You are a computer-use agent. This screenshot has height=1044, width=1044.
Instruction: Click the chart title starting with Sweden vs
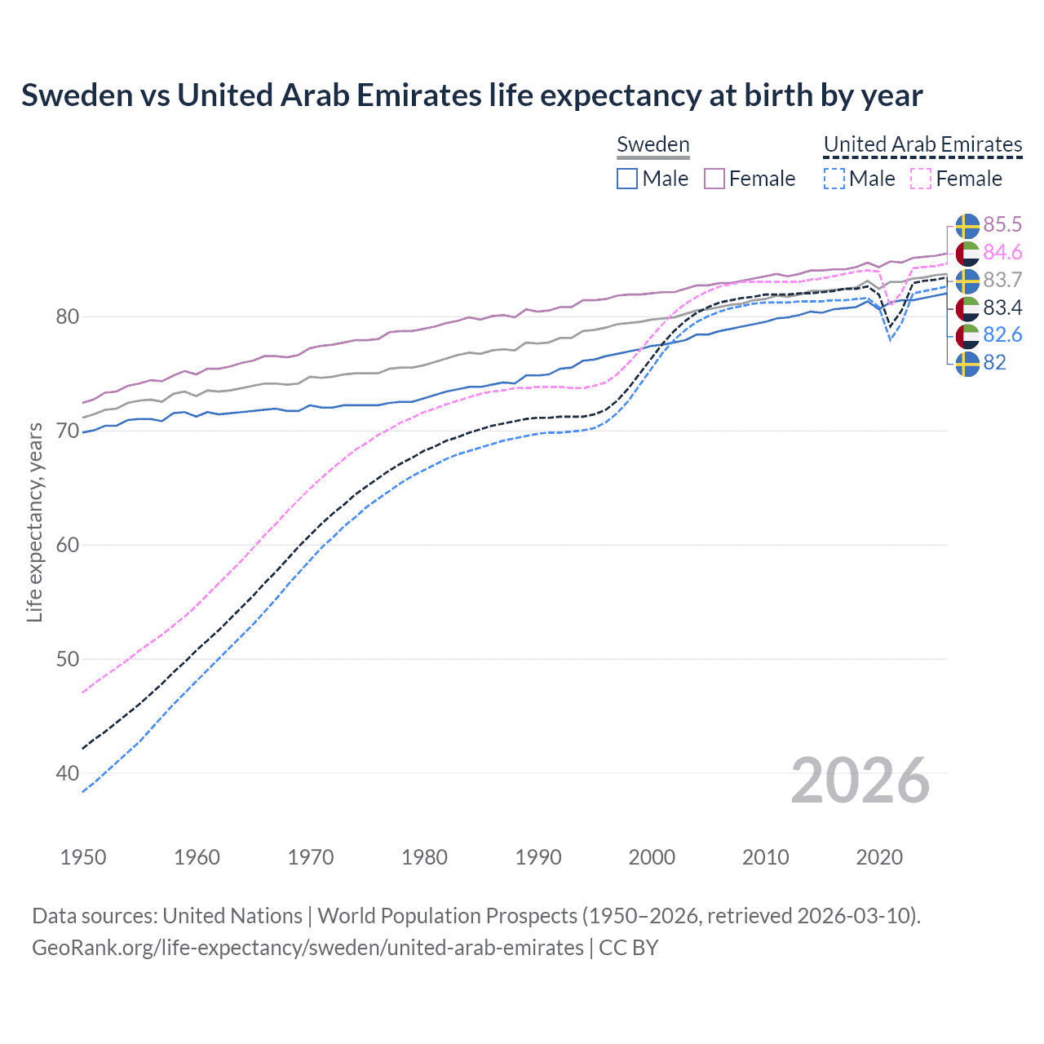[471, 95]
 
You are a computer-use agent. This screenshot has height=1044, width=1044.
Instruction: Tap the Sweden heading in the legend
[652, 144]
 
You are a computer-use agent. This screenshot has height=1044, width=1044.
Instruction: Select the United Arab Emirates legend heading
[922, 144]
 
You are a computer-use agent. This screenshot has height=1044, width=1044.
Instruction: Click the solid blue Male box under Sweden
[627, 179]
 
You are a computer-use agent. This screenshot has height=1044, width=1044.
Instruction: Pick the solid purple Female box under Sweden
[714, 179]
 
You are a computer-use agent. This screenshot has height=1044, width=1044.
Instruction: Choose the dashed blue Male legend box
[834, 179]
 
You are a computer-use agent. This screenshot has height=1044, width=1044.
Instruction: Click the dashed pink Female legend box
[921, 179]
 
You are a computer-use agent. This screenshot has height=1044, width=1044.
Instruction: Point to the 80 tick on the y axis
[67, 316]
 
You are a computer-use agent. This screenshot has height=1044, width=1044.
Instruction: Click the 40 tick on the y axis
[67, 773]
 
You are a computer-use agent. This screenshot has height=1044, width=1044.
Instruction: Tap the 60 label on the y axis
[67, 545]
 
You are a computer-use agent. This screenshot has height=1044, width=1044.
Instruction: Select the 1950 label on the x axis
[83, 857]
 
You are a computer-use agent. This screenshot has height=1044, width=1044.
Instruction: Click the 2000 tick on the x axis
[652, 857]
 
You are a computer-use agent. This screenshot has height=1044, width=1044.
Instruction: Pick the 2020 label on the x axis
[879, 857]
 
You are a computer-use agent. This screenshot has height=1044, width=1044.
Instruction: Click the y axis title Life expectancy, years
[34, 522]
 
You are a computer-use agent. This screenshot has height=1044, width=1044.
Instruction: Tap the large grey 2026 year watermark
[860, 781]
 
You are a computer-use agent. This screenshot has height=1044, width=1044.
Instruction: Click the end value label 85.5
[1002, 224]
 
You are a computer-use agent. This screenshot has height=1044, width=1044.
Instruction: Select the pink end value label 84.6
[1002, 252]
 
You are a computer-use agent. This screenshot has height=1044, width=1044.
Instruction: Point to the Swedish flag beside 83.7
[967, 281]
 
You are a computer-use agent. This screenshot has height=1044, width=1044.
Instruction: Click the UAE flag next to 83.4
[967, 308]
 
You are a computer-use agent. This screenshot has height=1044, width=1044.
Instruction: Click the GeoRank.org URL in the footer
[307, 948]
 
